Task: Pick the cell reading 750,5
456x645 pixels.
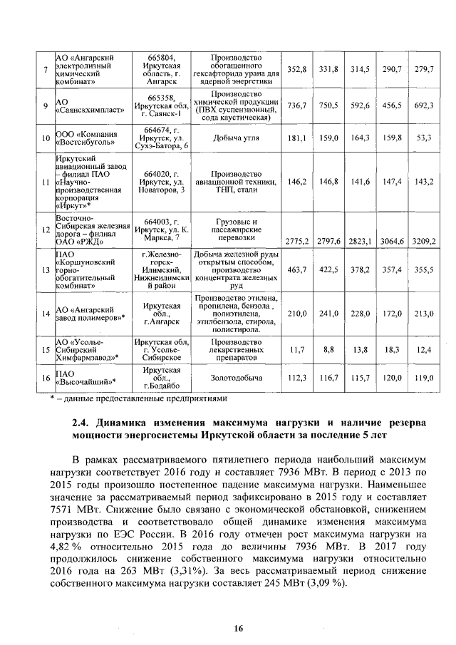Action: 328,105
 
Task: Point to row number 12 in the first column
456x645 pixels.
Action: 46,230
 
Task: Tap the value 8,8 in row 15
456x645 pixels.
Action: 328,350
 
